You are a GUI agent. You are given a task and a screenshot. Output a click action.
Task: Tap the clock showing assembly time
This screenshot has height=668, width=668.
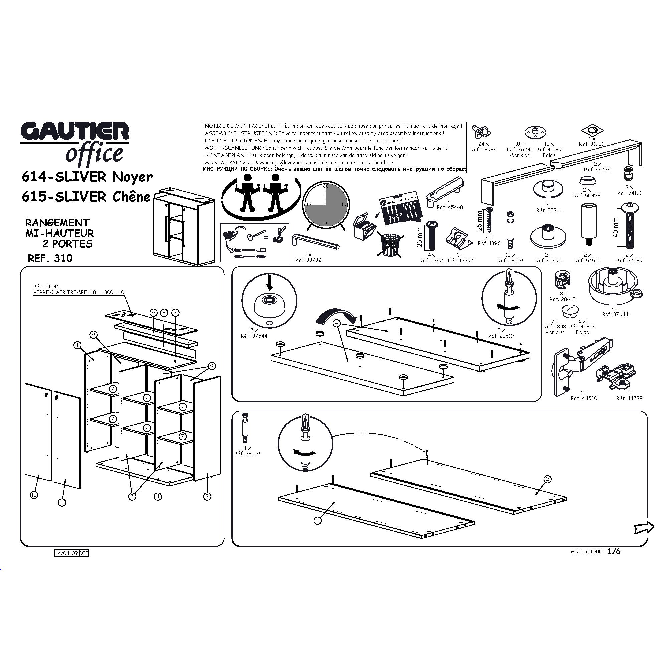coord(325,206)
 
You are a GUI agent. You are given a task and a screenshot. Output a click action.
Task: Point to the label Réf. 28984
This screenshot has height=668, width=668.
coord(483,150)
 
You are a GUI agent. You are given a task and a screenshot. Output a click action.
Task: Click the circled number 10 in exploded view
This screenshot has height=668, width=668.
coord(34,495)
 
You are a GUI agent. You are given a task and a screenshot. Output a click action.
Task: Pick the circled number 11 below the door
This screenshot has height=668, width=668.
coord(62,502)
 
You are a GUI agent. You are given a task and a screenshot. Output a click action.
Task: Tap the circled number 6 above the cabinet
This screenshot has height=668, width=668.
coord(154,313)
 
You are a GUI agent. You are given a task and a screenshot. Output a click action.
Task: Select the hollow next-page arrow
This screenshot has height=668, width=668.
coord(644,528)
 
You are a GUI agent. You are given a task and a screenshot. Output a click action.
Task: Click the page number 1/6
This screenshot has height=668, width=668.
coord(614,552)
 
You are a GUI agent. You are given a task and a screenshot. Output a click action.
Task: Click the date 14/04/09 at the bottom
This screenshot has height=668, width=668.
coord(67,553)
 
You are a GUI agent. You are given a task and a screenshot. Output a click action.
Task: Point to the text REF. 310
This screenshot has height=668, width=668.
coord(50,258)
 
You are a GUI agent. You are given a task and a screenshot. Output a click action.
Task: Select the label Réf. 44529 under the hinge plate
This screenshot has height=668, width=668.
coord(629,398)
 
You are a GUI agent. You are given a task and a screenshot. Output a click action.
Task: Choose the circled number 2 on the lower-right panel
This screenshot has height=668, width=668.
coord(547,479)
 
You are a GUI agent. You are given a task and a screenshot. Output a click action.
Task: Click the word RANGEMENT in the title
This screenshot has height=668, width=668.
coord(57,223)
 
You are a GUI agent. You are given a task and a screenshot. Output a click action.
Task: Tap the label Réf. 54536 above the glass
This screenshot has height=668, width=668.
coord(46,286)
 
